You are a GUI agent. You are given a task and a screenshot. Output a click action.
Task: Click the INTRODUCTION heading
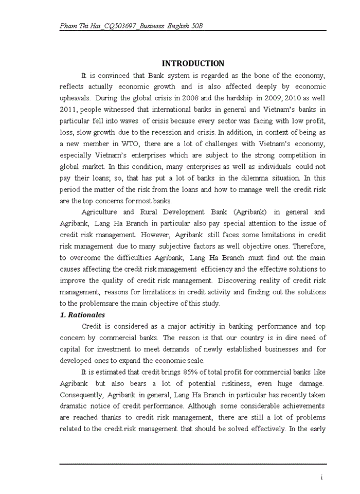coord(193,63)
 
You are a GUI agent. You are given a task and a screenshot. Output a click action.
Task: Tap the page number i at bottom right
coord(321,478)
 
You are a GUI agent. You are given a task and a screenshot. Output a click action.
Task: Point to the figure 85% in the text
coord(184,372)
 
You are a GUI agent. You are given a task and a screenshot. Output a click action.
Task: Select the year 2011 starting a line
coord(68,110)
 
